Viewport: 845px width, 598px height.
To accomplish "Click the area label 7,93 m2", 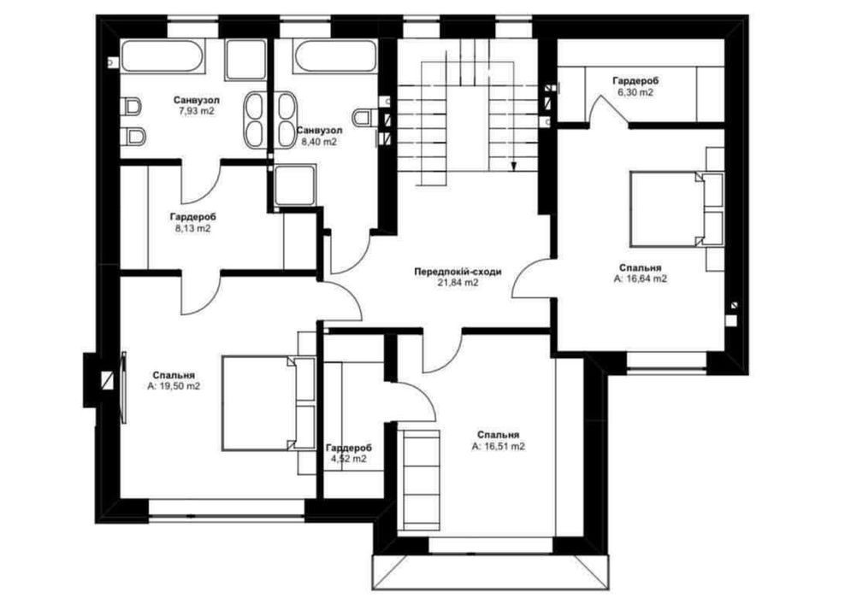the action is [x=196, y=111].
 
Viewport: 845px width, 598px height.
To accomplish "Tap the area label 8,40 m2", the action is [x=318, y=142].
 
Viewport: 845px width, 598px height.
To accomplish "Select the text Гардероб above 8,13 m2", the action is [x=193, y=217].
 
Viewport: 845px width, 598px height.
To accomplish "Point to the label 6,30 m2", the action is [x=636, y=92].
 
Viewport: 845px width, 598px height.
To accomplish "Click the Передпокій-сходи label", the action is [x=458, y=272].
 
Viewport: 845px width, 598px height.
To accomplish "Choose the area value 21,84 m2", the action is [x=458, y=283].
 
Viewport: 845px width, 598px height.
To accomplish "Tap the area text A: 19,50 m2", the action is [x=174, y=386].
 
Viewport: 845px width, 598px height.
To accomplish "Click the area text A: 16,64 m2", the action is [x=641, y=278].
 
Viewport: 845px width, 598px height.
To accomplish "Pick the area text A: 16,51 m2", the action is [x=498, y=446].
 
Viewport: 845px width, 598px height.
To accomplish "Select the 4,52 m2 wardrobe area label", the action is [x=349, y=459].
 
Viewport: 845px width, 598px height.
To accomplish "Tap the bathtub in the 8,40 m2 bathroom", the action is [x=334, y=56].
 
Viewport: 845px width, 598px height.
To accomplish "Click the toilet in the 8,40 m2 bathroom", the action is [x=365, y=117].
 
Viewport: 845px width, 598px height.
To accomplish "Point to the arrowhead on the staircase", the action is [x=513, y=167].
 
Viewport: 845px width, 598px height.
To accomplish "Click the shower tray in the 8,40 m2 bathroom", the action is [x=294, y=185].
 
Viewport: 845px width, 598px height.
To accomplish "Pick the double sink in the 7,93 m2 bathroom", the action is [x=254, y=120].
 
